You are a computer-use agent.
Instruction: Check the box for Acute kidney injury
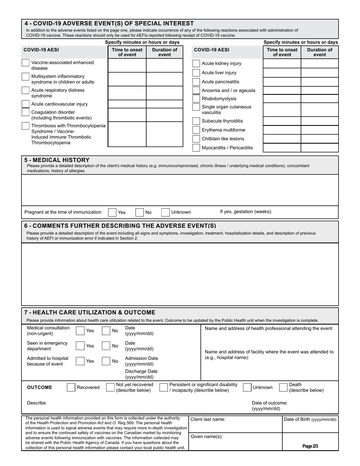point(196,64)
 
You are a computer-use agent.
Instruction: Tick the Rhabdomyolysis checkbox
point(196,99)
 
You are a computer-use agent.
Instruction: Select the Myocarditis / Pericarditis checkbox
point(196,148)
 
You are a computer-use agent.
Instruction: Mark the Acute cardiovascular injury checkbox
point(25,104)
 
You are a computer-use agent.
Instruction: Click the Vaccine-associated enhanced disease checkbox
point(25,63)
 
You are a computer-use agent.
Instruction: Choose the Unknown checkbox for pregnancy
point(165,213)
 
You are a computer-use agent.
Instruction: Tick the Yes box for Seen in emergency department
point(80,346)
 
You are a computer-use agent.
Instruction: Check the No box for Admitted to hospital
point(106,361)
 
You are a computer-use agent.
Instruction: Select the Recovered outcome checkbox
point(71,388)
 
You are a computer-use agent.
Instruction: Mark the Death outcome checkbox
point(283,387)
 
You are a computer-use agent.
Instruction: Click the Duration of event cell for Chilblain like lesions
point(319,139)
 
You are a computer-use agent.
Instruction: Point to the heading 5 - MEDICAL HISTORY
point(57,160)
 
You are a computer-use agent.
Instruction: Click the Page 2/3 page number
point(310,446)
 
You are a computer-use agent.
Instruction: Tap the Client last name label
point(208,419)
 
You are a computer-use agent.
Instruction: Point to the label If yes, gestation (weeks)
point(246,212)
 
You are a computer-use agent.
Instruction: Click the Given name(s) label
point(207,436)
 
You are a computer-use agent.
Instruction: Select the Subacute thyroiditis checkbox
point(196,121)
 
